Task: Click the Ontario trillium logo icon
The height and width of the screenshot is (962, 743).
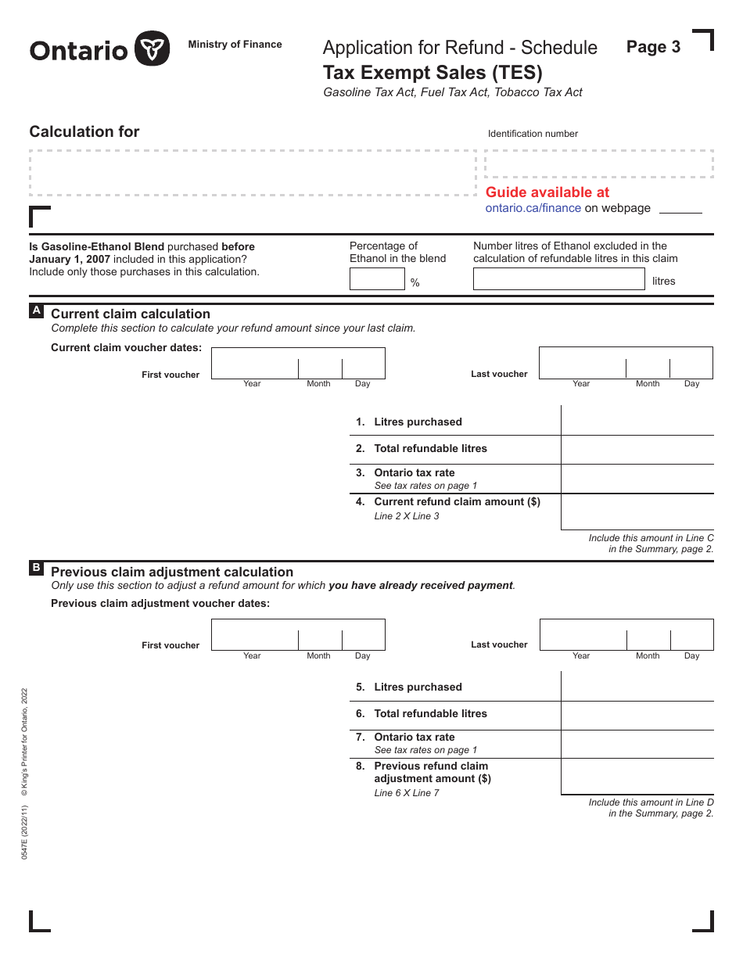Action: (152, 49)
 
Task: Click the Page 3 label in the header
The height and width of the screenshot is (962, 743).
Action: (653, 47)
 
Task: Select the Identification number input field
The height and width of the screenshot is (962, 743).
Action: (598, 164)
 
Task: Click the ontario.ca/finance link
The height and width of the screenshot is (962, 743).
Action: (533, 208)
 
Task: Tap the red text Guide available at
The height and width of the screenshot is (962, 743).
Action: (547, 192)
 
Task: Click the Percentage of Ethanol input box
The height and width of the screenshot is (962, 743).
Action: (376, 279)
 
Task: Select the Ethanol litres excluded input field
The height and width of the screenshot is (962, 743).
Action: (558, 279)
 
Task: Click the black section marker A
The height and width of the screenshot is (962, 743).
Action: (36, 311)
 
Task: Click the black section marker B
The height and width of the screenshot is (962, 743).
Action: (36, 569)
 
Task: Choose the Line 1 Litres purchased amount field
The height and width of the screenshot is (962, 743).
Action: (637, 421)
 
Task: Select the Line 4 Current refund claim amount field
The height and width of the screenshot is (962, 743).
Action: (637, 512)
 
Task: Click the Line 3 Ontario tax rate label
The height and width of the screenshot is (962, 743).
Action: (414, 472)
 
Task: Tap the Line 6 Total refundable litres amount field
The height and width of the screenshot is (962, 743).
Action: (637, 715)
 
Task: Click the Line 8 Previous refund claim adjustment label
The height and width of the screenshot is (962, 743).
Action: (432, 772)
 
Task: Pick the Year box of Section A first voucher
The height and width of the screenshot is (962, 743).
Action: (254, 363)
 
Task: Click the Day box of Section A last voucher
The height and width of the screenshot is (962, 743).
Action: (691, 363)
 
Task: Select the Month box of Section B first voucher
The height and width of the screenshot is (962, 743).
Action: (320, 634)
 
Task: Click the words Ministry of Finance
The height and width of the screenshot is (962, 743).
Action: (235, 45)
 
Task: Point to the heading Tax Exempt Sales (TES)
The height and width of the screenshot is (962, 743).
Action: (433, 73)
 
